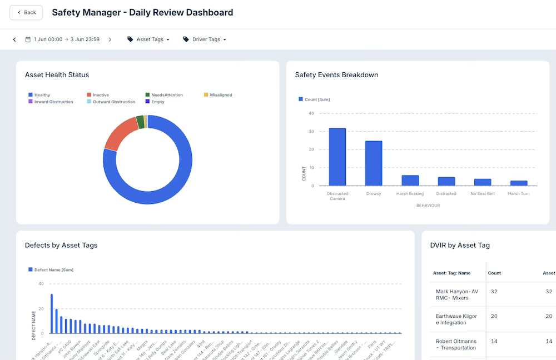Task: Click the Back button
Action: pos(26,12)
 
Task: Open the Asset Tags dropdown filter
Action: pos(148,39)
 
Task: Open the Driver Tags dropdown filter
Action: pos(205,39)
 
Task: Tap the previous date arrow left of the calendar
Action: pos(14,39)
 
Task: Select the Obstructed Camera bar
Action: pos(337,157)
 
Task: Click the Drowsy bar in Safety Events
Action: pos(374,163)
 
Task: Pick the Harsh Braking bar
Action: pos(410,181)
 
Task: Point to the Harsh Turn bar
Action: pos(518,183)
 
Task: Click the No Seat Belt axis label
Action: pos(482,194)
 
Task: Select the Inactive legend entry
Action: pos(101,95)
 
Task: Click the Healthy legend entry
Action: pos(42,95)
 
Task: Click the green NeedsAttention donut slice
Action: pos(140,122)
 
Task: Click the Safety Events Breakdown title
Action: pos(336,75)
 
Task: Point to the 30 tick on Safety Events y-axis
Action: pos(311,132)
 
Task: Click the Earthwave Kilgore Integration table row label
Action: pos(456,319)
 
